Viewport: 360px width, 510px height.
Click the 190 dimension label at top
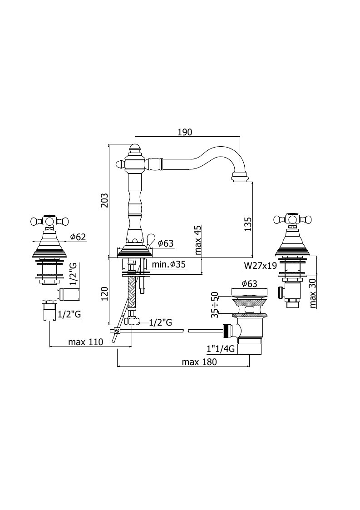185,132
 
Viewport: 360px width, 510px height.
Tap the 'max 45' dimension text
198,240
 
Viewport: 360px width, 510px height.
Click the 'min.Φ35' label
169,264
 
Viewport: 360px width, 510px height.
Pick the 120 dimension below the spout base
104,294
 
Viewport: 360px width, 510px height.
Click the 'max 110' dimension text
85,342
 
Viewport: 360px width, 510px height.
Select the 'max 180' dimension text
199,362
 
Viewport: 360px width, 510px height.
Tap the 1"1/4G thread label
221,349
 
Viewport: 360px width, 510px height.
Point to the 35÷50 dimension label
214,305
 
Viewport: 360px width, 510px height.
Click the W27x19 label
261,266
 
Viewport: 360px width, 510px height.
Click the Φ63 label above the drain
249,284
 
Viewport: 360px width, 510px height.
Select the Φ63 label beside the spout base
166,243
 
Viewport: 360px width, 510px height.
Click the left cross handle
50,221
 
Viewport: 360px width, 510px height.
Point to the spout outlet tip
240,178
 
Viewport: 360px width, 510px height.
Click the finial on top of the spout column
135,149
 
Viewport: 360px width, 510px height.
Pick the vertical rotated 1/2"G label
74,274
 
